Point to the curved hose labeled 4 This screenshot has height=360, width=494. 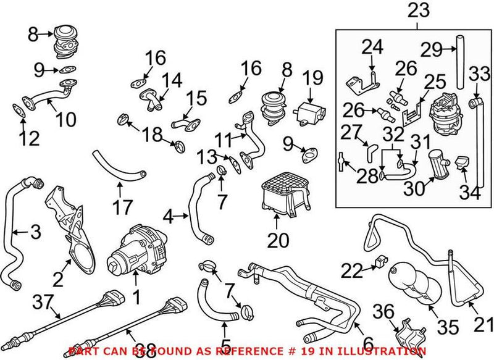tap(201, 210)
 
